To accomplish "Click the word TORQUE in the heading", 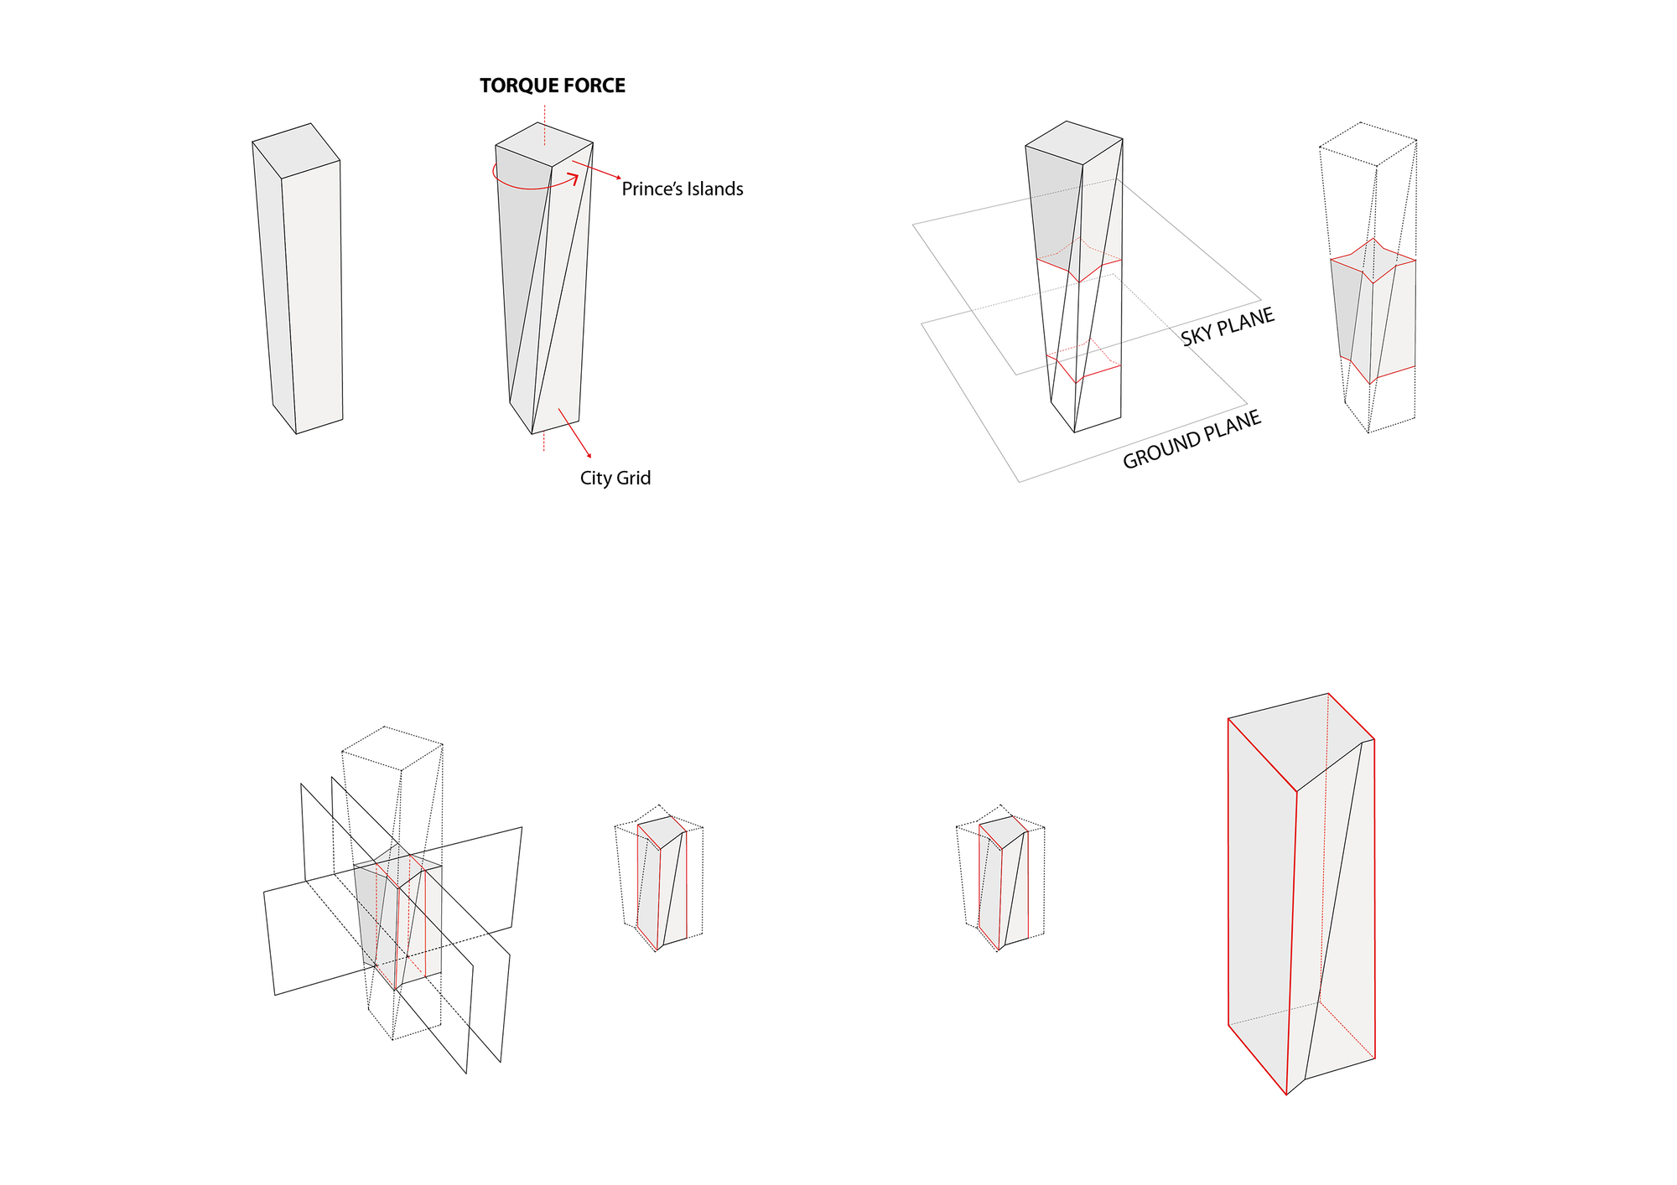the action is [519, 85].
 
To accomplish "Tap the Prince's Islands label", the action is [683, 189].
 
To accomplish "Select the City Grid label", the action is [615, 479].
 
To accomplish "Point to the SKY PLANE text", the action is [1228, 327].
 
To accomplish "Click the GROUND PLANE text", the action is [1192, 440].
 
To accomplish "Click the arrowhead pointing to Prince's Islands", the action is [618, 178].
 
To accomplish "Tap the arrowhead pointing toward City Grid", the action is [589, 455].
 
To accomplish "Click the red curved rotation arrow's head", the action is [574, 178].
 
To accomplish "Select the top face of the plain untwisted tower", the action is [297, 151].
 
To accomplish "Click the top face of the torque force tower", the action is [544, 144].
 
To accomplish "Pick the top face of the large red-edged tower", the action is [1300, 740].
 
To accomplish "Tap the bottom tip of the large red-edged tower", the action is [1286, 1094].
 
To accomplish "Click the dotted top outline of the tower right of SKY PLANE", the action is [1368, 144].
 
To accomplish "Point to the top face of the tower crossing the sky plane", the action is [1074, 142].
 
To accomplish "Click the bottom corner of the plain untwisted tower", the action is [297, 433].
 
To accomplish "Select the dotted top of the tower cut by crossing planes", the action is [392, 748].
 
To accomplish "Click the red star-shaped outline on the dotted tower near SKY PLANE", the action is [1373, 261].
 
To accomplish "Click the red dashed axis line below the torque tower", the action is [543, 442].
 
